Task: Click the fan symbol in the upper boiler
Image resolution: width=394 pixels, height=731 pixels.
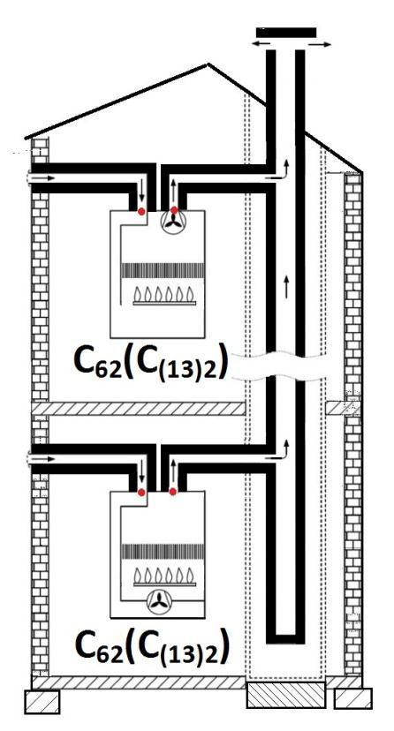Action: tap(175, 222)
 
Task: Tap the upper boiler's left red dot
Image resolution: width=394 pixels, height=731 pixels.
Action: tap(141, 212)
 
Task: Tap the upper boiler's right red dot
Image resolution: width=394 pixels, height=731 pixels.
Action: tap(174, 210)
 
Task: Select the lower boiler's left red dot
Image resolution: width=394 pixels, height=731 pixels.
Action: tap(140, 492)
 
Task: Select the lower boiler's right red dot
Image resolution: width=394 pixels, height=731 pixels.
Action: tap(173, 492)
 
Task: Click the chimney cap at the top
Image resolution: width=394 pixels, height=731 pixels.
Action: tap(286, 33)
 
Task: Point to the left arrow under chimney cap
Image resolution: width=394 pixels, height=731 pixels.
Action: tap(261, 43)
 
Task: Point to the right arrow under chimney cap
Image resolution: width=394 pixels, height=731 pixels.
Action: tap(320, 45)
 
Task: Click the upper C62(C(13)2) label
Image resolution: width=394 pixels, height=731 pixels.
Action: tap(151, 362)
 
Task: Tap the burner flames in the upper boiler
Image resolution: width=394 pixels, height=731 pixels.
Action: tap(164, 294)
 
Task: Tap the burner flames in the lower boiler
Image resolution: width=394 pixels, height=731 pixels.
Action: tap(164, 576)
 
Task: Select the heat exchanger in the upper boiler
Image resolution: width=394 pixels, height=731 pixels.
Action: tap(163, 270)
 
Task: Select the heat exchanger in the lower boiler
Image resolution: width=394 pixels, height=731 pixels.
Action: tap(163, 552)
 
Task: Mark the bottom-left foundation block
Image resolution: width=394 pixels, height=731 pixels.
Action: tap(42, 702)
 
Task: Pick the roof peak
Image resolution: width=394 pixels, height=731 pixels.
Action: tap(208, 64)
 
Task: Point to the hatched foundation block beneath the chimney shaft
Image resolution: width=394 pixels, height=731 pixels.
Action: tap(285, 695)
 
